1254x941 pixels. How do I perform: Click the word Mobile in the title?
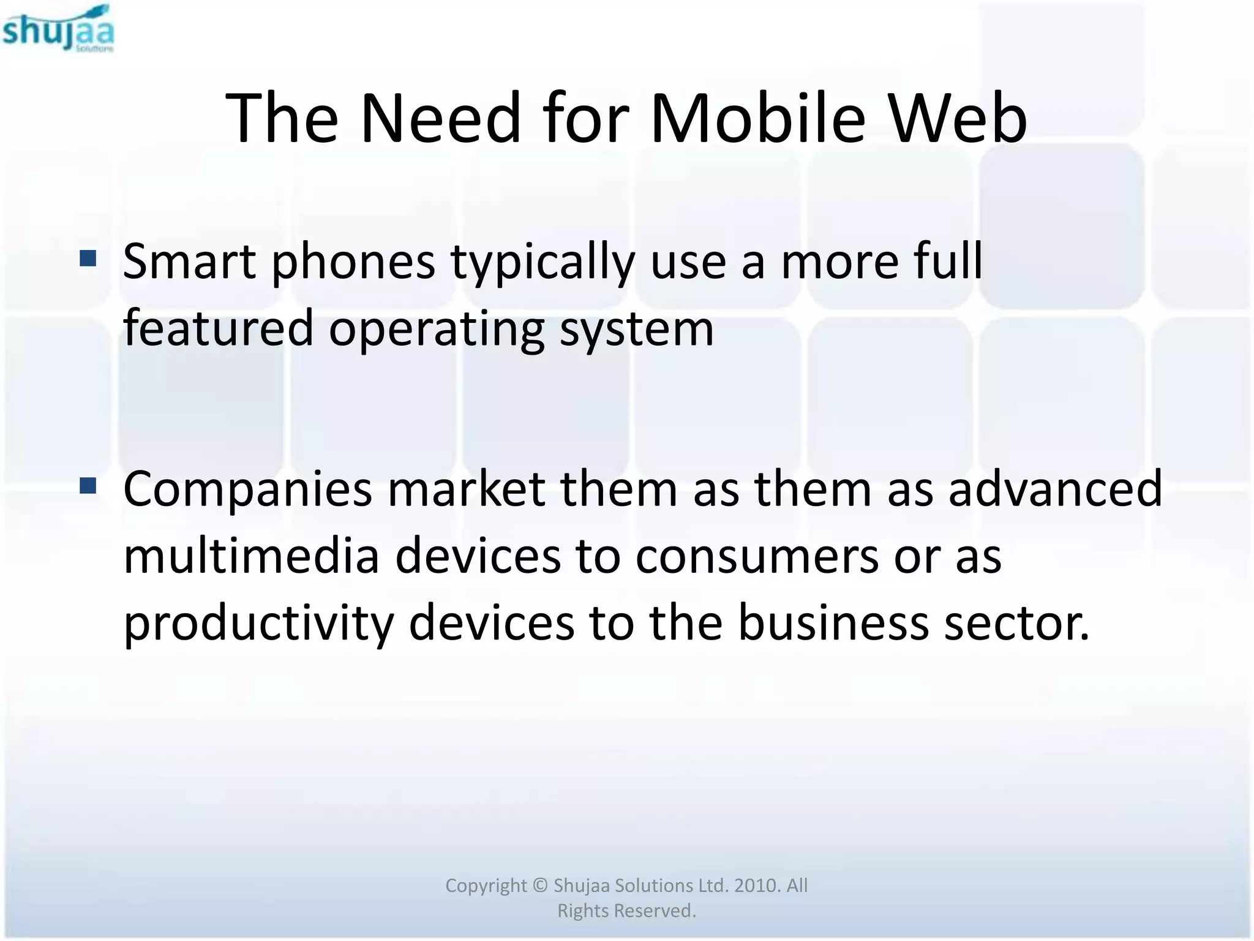click(757, 118)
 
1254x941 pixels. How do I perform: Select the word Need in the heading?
click(440, 118)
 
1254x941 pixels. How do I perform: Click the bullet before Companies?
click(88, 486)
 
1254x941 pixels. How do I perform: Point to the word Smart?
click(189, 262)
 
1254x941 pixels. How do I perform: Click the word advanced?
click(1054, 489)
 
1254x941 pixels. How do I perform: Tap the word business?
click(833, 622)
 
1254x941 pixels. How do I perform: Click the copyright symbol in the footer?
click(539, 885)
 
